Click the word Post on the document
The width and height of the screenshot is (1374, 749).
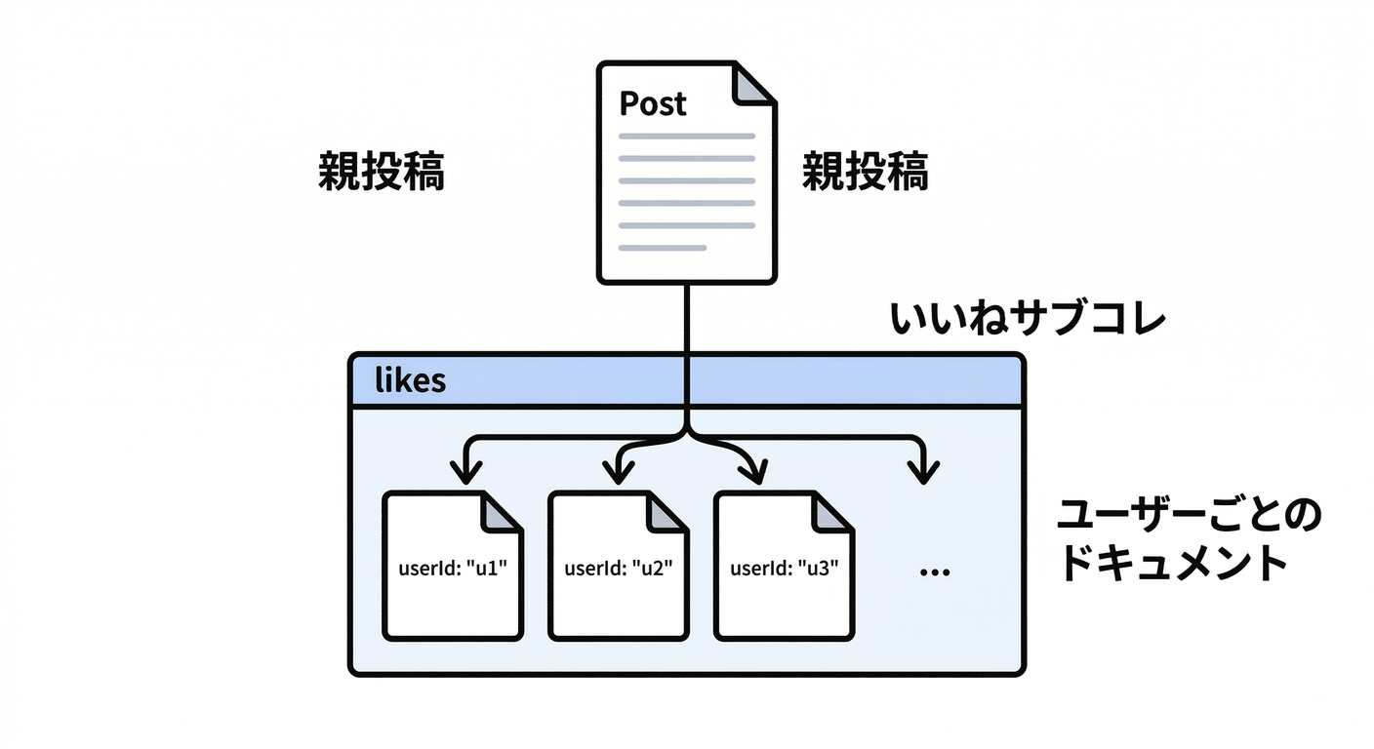[653, 103]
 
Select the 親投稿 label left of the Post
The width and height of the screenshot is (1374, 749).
[382, 174]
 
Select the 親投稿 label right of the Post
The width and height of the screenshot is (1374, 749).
[865, 174]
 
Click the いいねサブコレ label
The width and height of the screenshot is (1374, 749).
[1028, 320]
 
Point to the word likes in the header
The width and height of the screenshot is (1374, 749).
[410, 380]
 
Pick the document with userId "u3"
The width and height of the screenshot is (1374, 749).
[785, 566]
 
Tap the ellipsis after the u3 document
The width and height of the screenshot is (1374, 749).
[935, 572]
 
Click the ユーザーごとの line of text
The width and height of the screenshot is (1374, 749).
[1189, 517]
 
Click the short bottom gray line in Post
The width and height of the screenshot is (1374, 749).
[662, 248]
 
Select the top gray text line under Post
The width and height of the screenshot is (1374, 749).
[686, 136]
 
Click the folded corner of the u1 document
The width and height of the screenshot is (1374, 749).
[504, 511]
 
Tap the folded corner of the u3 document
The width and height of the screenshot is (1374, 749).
[834, 511]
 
